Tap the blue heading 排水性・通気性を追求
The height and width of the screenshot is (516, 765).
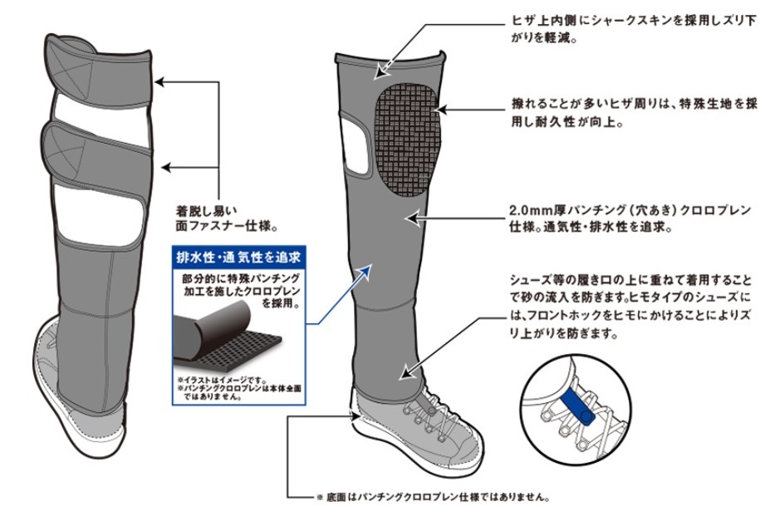coord(238,255)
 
